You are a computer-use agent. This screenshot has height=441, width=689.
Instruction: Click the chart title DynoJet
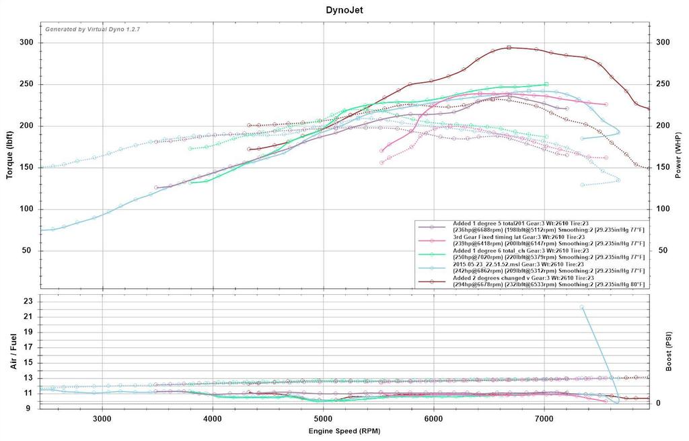click(344, 10)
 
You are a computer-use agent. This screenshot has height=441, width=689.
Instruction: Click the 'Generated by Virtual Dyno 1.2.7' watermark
click(92, 30)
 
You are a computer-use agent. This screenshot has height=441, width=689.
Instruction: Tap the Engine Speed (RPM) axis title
click(344, 430)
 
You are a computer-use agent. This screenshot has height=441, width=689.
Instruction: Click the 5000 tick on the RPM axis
click(324, 417)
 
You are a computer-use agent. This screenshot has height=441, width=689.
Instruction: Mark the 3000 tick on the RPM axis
click(102, 417)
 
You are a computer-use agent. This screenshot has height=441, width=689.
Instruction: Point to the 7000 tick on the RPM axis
click(544, 417)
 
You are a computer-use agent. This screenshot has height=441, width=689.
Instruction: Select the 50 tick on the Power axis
click(663, 250)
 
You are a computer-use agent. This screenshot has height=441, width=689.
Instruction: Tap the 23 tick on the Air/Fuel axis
click(28, 302)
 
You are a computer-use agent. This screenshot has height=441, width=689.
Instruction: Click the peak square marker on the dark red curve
click(509, 48)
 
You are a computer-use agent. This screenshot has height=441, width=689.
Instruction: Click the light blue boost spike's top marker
click(581, 307)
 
